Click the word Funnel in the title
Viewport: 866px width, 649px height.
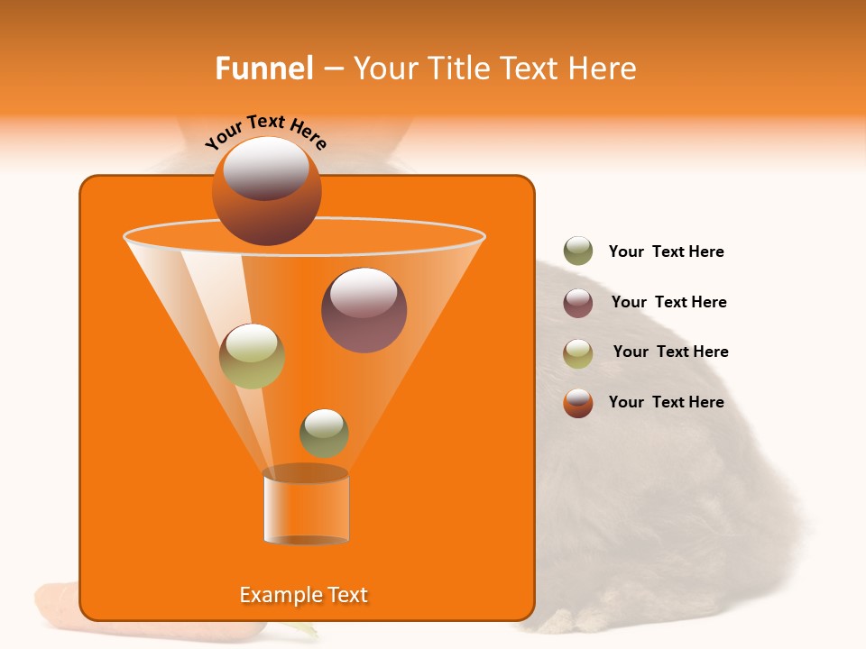(x=263, y=69)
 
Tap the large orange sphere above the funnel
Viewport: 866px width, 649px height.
(x=266, y=191)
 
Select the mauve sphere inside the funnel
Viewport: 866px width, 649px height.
(x=364, y=310)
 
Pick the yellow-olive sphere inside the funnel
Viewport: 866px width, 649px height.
(x=252, y=356)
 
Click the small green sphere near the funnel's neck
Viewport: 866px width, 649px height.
(x=324, y=433)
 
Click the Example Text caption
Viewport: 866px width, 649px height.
(x=303, y=595)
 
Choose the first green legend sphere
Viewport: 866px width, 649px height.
(x=578, y=251)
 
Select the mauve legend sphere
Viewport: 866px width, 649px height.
(x=578, y=303)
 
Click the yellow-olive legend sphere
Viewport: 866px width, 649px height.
(x=578, y=353)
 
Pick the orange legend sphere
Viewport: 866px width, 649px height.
(x=578, y=403)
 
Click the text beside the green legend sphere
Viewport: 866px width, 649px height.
(x=666, y=252)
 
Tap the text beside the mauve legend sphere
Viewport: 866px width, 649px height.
(x=668, y=302)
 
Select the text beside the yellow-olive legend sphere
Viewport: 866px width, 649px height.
(x=670, y=352)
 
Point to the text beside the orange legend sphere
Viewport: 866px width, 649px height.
(x=666, y=402)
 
